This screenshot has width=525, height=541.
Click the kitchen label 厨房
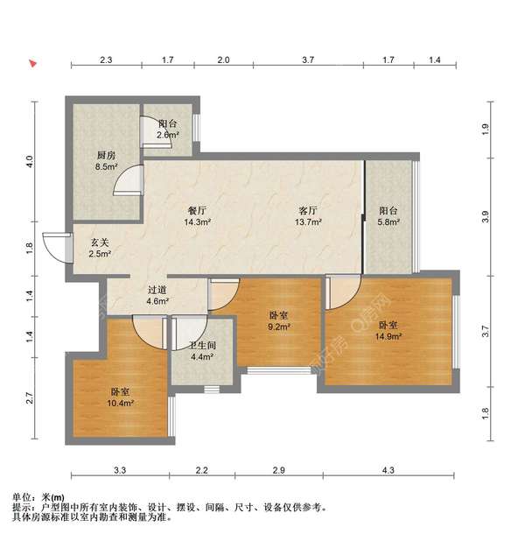106,156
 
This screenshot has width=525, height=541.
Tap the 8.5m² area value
106,167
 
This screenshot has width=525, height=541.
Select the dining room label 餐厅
197,210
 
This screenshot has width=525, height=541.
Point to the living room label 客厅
308,210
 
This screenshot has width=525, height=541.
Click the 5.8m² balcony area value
388,221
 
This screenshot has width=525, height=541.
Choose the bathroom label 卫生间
202,345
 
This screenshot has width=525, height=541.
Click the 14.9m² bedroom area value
388,336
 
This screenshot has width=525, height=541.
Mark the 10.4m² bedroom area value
120,403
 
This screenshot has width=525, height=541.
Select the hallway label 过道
157,290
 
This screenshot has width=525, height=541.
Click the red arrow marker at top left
32,64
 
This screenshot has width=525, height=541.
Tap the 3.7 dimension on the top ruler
308,60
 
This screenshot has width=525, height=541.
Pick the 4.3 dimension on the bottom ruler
388,470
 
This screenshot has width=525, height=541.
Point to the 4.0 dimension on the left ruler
30,161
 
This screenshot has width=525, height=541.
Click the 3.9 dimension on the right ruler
486,216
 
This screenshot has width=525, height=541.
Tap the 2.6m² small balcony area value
168,135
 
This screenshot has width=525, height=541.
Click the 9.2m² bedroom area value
279,327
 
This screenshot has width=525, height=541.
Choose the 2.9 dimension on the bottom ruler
279,470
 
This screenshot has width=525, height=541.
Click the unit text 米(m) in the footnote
52,497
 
